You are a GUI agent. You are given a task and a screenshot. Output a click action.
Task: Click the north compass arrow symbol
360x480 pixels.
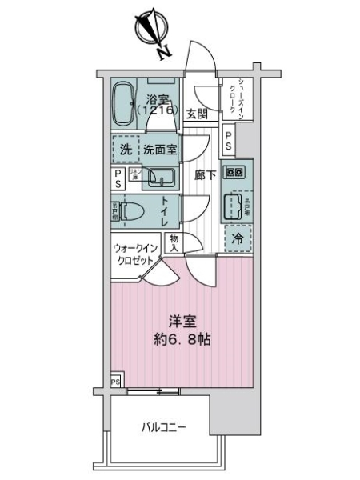(x=150, y=29)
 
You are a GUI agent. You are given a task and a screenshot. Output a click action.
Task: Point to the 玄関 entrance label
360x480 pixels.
(x=198, y=114)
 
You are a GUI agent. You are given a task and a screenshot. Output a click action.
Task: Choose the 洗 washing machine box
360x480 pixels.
(x=126, y=150)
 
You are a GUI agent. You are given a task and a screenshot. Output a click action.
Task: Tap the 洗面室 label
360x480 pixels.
(x=161, y=150)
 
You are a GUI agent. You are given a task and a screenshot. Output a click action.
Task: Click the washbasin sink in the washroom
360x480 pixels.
(x=165, y=178)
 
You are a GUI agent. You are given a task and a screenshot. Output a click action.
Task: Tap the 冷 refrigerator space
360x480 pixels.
(x=238, y=237)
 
